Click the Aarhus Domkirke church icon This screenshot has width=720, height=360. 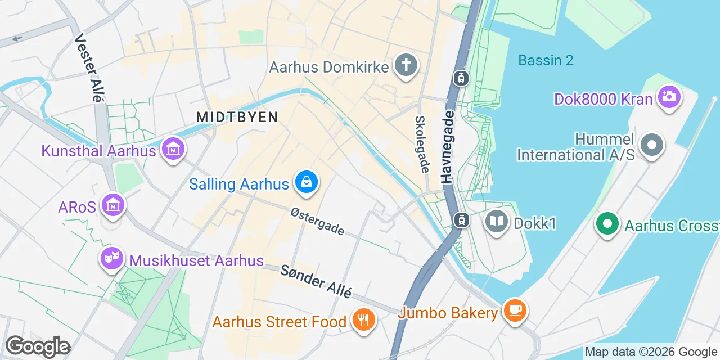coord(405,65)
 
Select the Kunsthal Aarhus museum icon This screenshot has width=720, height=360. coord(173,150)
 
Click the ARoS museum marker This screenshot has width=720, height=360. coord(114,206)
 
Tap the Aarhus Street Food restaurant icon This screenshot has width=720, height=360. coord(363,321)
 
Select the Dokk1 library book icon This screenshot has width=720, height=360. coord(497,222)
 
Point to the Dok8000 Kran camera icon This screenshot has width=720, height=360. coord(669,97)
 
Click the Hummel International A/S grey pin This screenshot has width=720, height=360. coord(652,145)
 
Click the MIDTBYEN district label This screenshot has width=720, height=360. coord(237,117)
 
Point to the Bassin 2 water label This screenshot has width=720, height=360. coord(546,60)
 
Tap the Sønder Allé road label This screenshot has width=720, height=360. coord(316,282)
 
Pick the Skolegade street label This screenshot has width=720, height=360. coord(422,144)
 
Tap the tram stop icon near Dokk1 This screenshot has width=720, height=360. coord(461,219)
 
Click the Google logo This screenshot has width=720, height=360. coord(38,346)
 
